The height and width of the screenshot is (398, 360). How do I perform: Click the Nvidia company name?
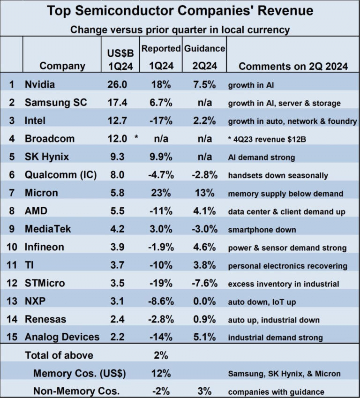point(40,85)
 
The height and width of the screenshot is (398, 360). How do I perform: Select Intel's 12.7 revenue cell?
point(117,121)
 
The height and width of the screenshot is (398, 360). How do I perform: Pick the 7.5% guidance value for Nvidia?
point(204,85)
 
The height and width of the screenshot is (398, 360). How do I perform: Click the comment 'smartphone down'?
point(262,230)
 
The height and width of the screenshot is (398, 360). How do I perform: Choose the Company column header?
point(62,66)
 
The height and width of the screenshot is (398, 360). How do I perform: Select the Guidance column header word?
point(205,48)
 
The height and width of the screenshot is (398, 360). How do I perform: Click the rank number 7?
point(12,193)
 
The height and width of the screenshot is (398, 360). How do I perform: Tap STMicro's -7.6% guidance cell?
point(204,284)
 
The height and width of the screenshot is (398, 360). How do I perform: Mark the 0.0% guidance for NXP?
point(204,301)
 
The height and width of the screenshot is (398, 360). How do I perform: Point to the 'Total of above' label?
point(59,355)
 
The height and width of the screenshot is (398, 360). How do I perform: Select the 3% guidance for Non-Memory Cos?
point(204,391)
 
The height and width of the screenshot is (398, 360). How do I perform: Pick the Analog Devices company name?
point(62,337)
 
